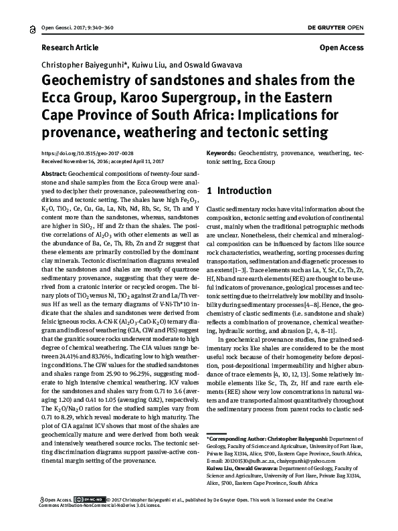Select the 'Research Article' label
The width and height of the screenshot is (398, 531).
pos(70,48)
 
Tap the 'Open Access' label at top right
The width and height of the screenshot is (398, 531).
pos(341,48)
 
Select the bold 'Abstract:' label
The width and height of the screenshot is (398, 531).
pos(54,173)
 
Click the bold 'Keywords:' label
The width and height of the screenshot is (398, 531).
pos(221,153)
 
